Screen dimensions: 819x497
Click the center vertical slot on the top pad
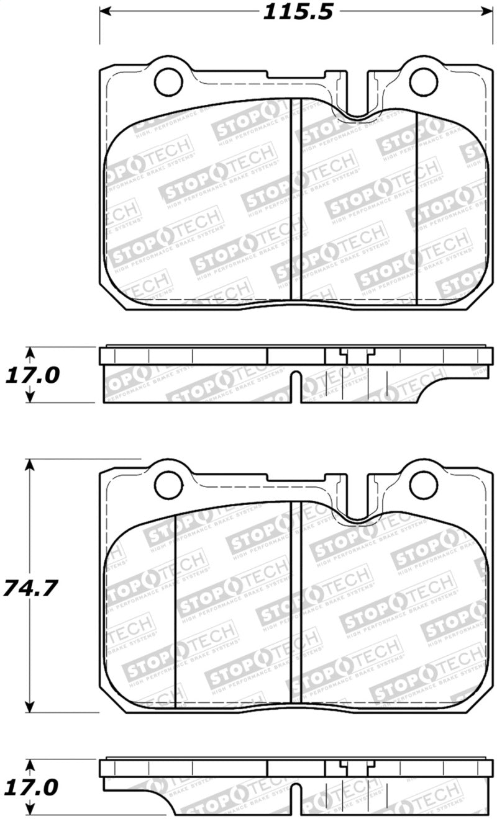(296, 199)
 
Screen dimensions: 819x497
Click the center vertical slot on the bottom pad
(296, 605)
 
